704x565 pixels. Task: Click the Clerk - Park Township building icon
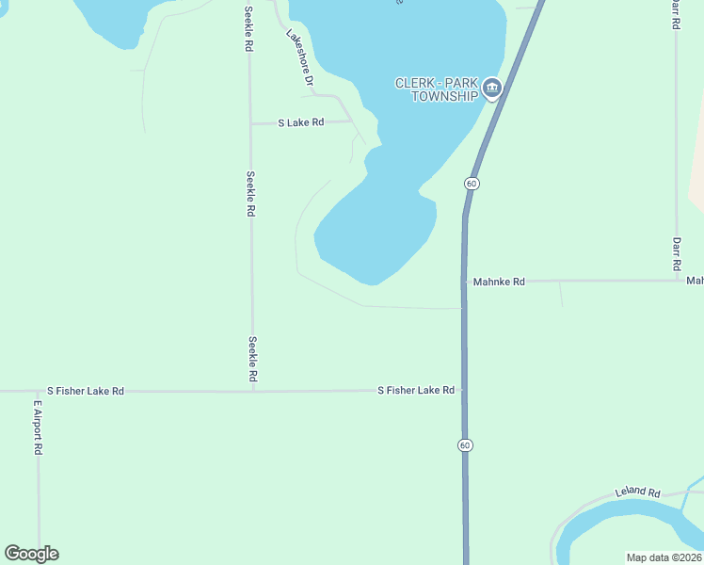point(491,89)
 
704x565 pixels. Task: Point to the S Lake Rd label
point(301,122)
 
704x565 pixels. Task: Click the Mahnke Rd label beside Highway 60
point(499,282)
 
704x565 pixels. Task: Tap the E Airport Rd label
point(39,428)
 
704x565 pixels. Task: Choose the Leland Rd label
point(638,492)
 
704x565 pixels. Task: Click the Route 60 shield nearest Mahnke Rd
point(472,182)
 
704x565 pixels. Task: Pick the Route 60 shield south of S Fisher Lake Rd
point(465,444)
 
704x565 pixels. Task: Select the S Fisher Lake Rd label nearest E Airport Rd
point(86,391)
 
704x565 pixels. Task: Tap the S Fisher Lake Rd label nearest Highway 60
point(416,390)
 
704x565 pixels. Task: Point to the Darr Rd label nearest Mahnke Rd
point(676,253)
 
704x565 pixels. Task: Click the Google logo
point(31,554)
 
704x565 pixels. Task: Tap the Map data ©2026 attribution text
point(664,557)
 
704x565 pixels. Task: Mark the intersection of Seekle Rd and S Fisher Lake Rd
point(252,391)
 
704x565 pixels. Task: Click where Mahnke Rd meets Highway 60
point(464,282)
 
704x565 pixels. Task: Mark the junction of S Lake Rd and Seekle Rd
point(250,123)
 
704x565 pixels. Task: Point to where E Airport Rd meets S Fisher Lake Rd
point(39,391)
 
